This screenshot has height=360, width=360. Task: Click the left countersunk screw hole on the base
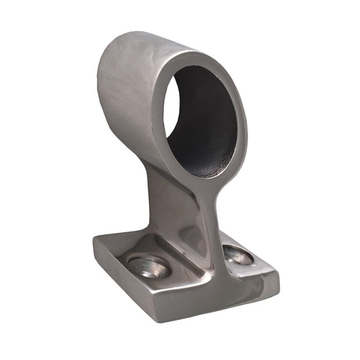click(148, 267)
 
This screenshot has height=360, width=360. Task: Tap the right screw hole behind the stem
click(238, 255)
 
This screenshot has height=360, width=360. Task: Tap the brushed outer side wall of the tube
click(127, 100)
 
